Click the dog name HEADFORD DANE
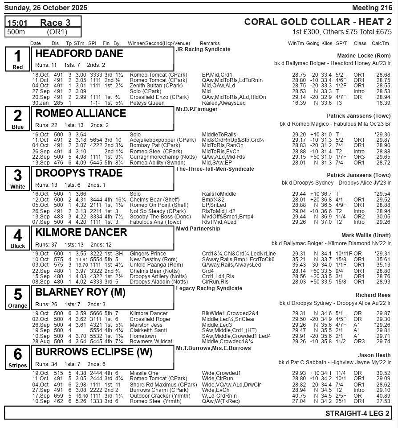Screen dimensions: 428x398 [79, 54]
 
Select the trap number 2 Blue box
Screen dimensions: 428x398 [18, 119]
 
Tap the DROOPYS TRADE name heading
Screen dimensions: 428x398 [80, 173]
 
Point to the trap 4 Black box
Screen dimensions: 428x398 [18, 238]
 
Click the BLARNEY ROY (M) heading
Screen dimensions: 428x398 [80, 292]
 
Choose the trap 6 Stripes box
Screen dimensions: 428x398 [18, 357]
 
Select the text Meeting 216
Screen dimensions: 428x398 [372, 8]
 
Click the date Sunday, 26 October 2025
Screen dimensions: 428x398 [46, 8]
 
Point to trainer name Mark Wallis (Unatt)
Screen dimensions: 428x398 [366, 235]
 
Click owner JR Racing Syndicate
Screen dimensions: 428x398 [203, 49]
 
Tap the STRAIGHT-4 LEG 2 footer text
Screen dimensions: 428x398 [357, 413]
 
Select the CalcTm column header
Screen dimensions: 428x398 [380, 43]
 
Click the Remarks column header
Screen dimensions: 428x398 [210, 43]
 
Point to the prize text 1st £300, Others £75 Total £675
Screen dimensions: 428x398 [342, 32]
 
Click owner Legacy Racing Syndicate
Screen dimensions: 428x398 [209, 288]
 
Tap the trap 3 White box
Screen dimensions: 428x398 [18, 178]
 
